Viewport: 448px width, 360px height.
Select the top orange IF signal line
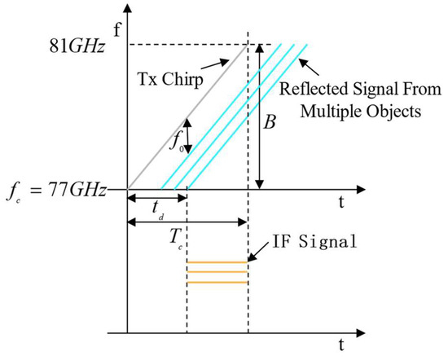point(217,262)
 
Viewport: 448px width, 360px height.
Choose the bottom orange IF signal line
point(217,282)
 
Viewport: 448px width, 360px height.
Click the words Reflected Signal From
point(358,91)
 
